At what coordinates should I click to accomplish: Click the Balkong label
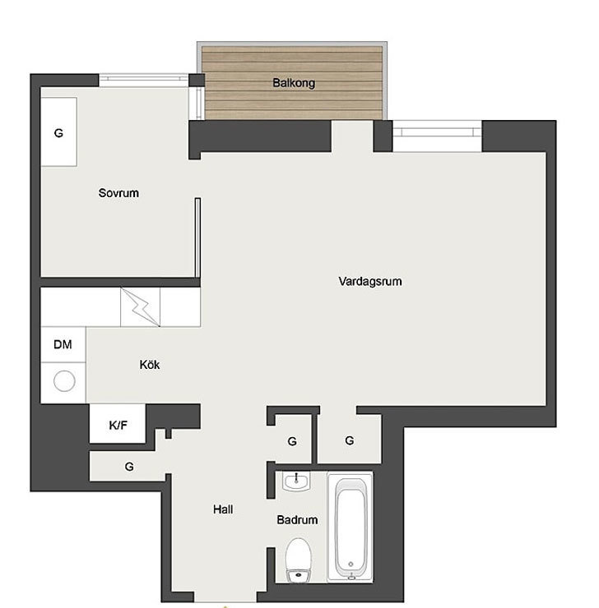point(294,83)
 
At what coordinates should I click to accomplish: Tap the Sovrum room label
point(118,193)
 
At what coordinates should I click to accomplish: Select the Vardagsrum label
point(370,282)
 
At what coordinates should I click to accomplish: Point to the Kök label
point(150,365)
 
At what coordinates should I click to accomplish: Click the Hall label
point(223,509)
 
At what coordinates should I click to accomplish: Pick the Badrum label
point(297,519)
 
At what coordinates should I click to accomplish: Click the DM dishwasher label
point(63,344)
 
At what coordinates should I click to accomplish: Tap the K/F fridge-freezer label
point(118,426)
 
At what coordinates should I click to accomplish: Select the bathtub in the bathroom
point(351,527)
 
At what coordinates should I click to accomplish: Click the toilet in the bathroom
point(299,560)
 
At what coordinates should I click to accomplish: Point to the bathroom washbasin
point(296,481)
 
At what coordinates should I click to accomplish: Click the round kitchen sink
point(64,380)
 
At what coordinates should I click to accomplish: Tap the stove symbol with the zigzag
point(140,307)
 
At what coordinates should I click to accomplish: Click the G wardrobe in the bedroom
point(59,131)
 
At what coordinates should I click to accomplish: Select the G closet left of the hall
point(128,467)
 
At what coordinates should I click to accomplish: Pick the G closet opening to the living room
point(350,440)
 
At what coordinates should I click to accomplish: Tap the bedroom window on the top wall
point(144,81)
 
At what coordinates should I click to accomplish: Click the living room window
point(437,136)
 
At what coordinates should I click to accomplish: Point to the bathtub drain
point(351,564)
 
